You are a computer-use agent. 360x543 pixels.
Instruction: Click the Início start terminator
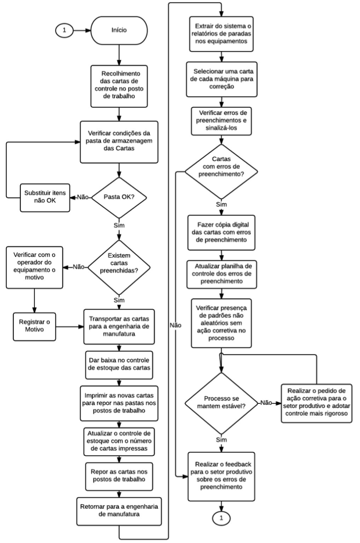[119, 31]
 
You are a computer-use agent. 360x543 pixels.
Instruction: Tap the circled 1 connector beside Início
[64, 31]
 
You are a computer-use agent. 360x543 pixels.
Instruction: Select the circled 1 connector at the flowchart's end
[221, 518]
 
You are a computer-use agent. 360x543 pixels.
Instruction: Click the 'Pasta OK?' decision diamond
[119, 197]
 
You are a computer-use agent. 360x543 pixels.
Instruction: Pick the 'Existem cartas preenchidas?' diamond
[119, 267]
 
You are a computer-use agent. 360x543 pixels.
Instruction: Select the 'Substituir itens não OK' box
[45, 197]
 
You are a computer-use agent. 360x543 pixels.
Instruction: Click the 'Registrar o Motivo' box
[34, 326]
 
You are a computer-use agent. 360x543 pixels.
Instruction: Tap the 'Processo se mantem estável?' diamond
[221, 403]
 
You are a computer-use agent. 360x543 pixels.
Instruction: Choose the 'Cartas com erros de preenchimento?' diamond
[221, 171]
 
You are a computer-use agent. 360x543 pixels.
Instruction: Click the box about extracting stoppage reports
[221, 34]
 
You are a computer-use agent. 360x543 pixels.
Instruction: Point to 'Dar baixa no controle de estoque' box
[119, 365]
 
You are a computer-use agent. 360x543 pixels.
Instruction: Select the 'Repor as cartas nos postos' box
[119, 476]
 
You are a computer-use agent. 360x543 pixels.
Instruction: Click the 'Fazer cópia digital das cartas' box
[221, 233]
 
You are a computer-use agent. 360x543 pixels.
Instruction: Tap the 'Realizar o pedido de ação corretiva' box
[316, 403]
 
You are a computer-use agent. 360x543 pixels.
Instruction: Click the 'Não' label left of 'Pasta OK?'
[82, 197]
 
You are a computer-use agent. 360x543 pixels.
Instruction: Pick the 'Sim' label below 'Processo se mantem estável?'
[221, 440]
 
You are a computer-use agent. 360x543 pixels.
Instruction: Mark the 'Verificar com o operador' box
[34, 267]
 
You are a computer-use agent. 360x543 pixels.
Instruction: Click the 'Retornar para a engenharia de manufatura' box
[119, 511]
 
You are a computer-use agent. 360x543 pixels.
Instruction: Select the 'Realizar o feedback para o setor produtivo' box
[221, 476]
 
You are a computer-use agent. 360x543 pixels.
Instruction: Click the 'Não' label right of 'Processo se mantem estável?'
[266, 403]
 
